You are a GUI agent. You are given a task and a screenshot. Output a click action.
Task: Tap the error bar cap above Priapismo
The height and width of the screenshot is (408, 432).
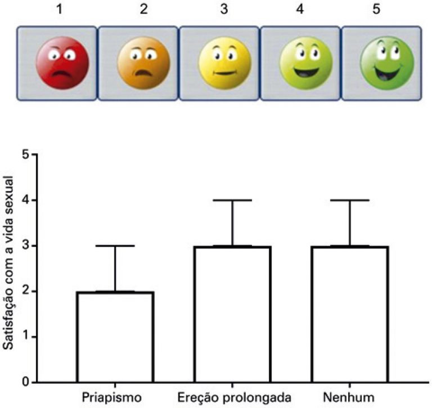115,246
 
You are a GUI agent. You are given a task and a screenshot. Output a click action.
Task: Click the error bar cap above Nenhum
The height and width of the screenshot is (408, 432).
350,200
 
